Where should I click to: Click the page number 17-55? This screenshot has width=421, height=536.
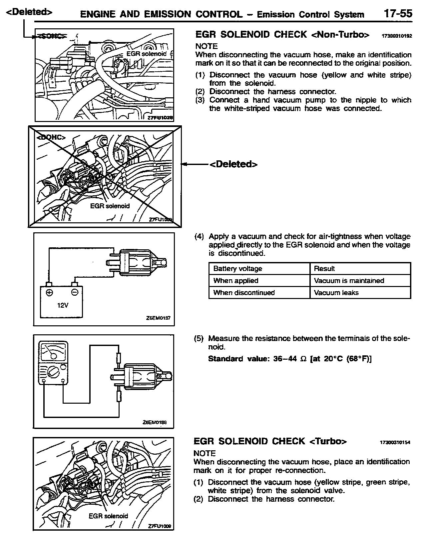tap(398, 14)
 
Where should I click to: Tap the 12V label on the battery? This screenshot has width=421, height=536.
tap(62, 304)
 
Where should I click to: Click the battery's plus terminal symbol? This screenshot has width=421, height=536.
tap(50, 292)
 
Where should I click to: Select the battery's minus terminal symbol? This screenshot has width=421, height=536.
tap(75, 292)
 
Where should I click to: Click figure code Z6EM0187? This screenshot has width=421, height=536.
tap(158, 318)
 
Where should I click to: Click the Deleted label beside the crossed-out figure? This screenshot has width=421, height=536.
tap(233, 164)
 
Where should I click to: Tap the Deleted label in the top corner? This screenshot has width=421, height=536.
tap(30, 12)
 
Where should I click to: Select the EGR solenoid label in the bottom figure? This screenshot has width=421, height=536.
tap(108, 516)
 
